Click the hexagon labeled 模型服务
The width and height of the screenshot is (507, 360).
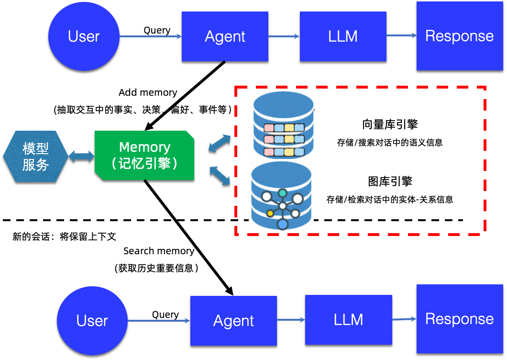click(35, 156)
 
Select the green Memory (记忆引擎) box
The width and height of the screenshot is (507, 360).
click(144, 155)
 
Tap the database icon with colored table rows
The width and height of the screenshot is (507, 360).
click(283, 125)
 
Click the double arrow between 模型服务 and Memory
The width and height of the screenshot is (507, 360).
click(81, 156)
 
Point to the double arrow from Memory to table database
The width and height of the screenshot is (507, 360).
click(220, 144)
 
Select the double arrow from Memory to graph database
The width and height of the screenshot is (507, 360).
click(220, 175)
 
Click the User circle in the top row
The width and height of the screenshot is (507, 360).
click(84, 36)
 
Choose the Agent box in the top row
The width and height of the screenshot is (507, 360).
click(225, 36)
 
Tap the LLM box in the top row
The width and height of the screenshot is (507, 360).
click(343, 36)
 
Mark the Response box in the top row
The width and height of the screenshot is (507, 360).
click(459, 36)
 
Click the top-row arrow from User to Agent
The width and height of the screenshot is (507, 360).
click(150, 36)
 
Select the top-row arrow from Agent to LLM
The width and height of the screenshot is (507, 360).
click(284, 36)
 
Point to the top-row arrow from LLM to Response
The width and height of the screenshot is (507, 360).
click(401, 35)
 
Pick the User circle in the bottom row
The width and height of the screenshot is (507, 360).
click(92, 321)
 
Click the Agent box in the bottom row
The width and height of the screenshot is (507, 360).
click(233, 321)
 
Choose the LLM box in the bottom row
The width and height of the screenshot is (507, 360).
click(348, 319)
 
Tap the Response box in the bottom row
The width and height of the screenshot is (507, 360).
click(459, 319)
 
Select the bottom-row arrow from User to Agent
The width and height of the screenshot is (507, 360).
click(159, 321)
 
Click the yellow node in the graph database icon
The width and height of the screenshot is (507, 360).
click(270, 213)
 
